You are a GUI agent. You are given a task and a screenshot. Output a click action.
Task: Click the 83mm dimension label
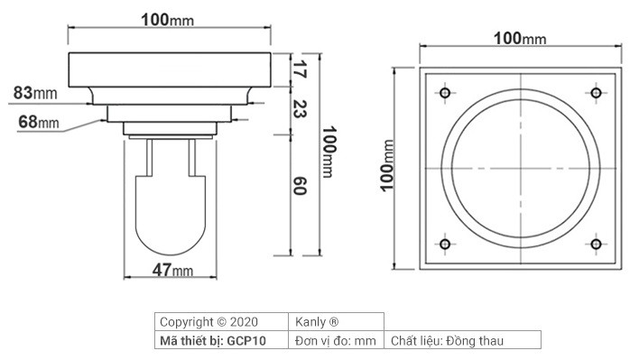[35, 92]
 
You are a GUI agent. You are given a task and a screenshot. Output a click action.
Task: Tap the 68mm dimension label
[39, 121]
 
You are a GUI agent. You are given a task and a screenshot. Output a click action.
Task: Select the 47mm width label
[171, 270]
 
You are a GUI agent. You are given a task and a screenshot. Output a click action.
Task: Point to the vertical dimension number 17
[301, 68]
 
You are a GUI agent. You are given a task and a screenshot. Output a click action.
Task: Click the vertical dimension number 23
[301, 109]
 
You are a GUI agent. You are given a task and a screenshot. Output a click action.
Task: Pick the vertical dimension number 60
[301, 187]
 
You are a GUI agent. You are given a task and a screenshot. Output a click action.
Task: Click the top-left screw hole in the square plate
[443, 93]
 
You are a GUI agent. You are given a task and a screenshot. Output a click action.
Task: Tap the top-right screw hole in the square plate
[595, 93]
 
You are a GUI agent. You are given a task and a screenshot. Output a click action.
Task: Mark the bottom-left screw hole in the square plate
[443, 244]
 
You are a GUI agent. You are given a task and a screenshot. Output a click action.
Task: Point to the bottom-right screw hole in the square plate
[595, 244]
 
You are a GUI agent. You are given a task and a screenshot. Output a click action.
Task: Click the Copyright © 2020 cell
[208, 321]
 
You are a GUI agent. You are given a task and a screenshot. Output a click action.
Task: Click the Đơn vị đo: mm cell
[335, 340]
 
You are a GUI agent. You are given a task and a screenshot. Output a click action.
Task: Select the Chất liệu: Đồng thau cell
[448, 340]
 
